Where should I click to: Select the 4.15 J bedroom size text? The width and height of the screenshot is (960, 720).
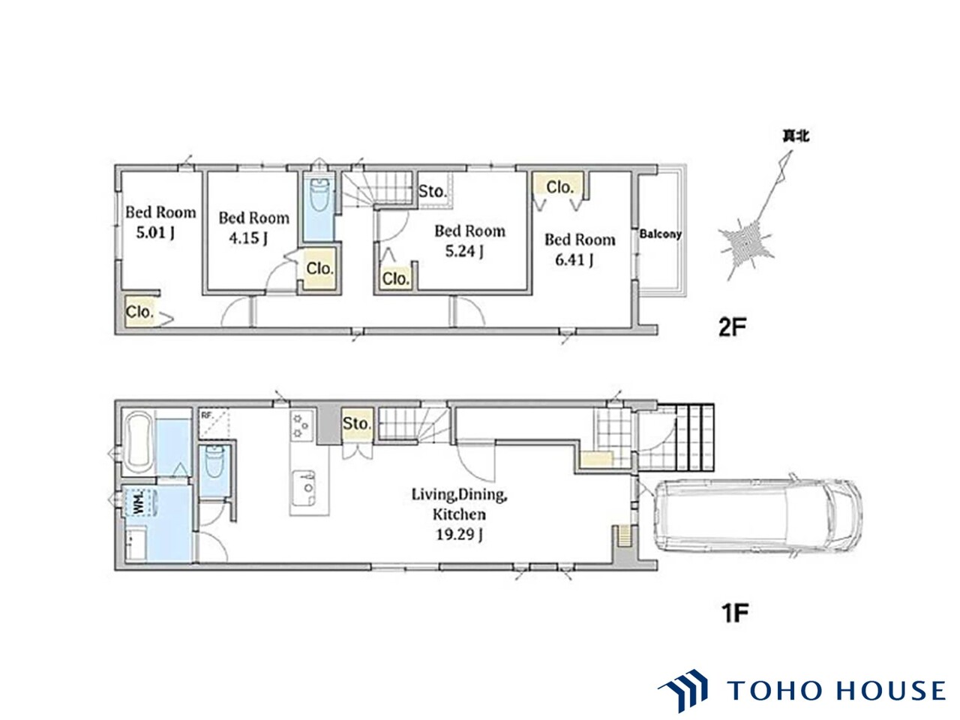click(248, 238)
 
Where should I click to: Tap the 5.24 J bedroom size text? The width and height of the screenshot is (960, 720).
click(464, 251)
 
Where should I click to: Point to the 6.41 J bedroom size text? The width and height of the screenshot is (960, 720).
click(574, 260)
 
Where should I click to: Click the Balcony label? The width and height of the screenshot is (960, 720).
click(660, 234)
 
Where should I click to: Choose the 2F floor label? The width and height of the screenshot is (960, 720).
click(732, 327)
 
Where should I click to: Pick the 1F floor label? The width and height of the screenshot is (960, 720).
click(734, 613)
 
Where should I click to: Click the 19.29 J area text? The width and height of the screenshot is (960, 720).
click(459, 534)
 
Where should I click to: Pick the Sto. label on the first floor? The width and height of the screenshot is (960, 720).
click(357, 423)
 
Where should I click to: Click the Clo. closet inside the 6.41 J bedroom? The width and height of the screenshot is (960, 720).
click(559, 187)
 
